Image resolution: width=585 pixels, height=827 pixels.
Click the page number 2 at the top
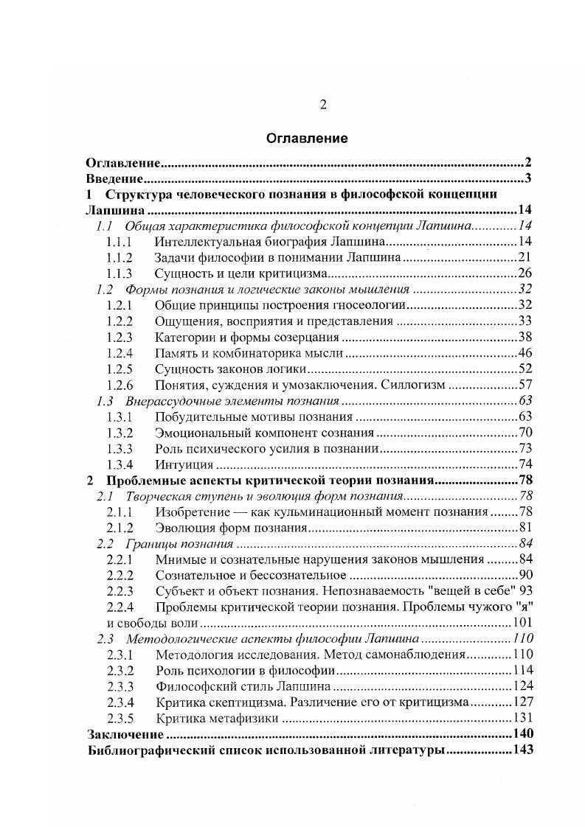322,104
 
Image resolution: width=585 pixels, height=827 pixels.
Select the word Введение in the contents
114,178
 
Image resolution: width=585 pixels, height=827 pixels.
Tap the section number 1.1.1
120,242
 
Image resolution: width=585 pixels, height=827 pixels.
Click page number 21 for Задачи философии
525,257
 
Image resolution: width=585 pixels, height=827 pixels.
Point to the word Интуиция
184,464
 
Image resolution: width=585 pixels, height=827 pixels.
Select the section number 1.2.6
120,385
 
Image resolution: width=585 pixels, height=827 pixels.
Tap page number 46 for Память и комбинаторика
525,353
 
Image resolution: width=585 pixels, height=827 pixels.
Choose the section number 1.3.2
120,433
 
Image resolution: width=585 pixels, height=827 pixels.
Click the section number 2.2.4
120,607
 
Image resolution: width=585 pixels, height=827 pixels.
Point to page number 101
522,623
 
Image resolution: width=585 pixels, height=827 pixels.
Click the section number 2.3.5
120,719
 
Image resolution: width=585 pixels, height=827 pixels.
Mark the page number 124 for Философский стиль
522,687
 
